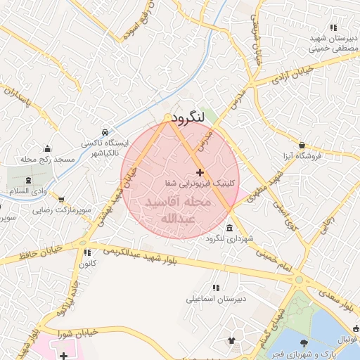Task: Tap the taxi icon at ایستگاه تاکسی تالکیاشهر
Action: coord(105,131)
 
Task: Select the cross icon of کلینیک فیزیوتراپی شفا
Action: coord(200,172)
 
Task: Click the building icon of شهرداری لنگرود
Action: coord(231,229)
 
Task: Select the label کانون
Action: coord(86,264)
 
